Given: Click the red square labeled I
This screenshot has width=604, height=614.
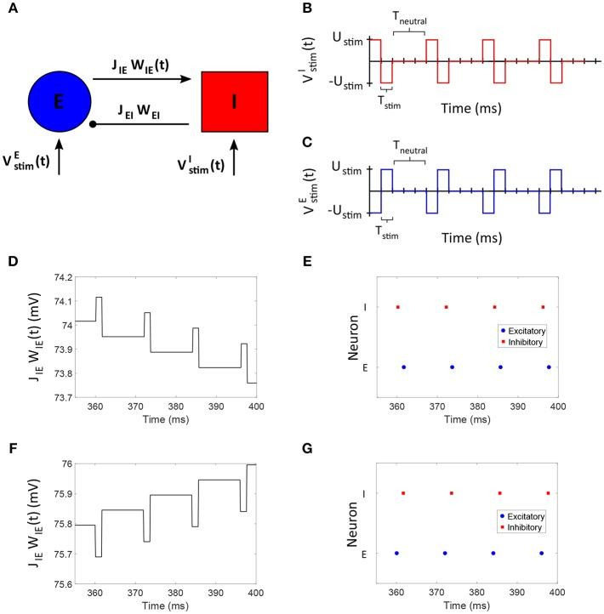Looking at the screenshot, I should (236, 101).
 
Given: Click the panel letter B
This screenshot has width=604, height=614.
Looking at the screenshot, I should (328, 10).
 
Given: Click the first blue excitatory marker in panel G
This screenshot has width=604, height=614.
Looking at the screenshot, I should (396, 553).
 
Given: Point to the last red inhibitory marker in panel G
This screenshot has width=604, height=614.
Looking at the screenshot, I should (549, 493).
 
